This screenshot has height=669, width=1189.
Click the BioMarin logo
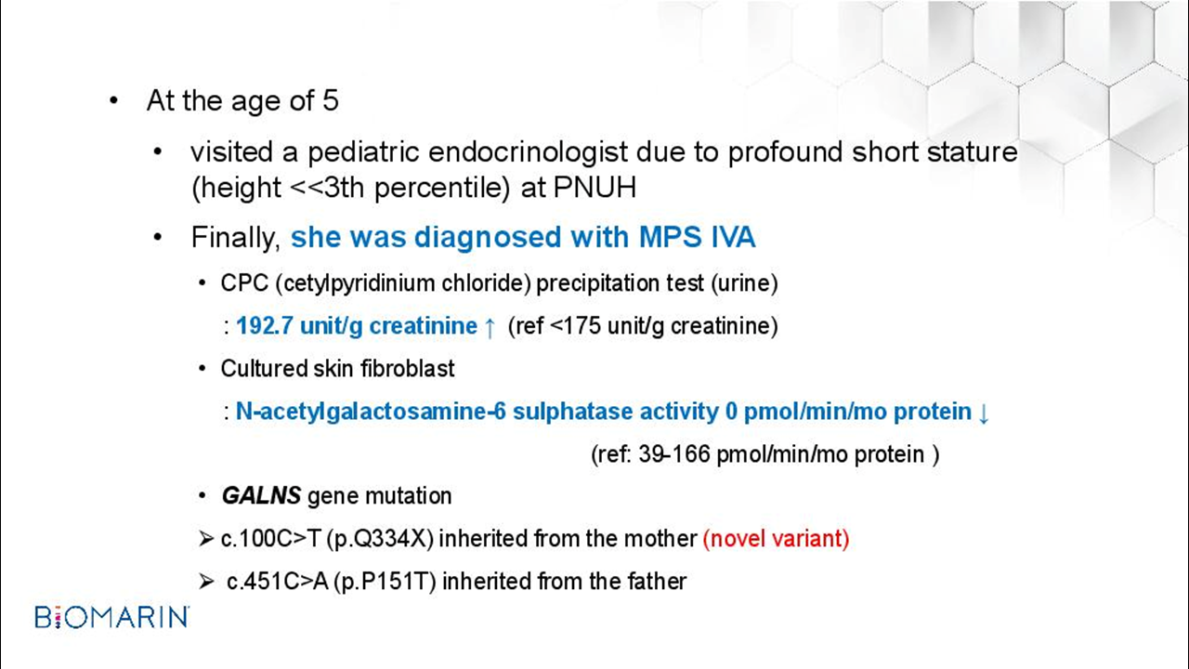point(111,617)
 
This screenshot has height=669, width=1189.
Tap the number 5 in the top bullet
point(330,100)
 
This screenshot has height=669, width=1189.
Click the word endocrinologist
point(529,151)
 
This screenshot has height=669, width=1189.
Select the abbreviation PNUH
point(594,187)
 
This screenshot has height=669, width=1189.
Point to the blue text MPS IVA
point(697,237)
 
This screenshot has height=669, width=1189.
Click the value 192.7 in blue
point(265,325)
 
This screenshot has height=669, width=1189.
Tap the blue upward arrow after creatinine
point(490,327)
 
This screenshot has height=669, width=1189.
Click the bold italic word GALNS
point(262,496)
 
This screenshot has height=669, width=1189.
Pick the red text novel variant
point(776,538)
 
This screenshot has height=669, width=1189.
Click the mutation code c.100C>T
point(270,539)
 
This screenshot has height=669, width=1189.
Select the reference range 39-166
point(674,454)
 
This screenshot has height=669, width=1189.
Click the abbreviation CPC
point(244,283)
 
